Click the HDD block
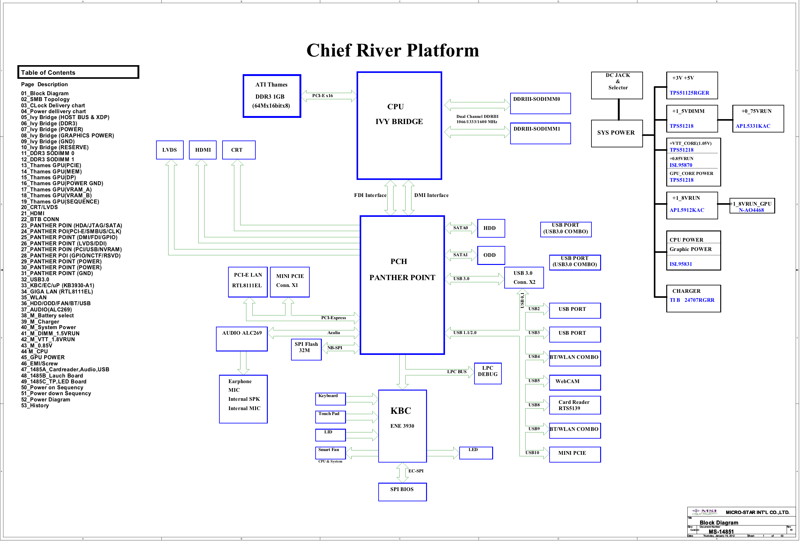coord(491,228)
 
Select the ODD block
coord(491,255)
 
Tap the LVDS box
coord(170,150)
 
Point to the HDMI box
coord(203,150)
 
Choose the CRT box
coord(239,150)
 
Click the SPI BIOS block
coord(402,492)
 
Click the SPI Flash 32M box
coord(306,349)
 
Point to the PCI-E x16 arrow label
coord(322,96)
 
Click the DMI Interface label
coord(431,195)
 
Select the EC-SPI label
coord(416,471)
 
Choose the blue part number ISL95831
coord(680,264)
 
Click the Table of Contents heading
coord(48,73)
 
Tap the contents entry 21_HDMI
coord(33,213)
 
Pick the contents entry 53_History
coord(35,405)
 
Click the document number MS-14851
coord(721,531)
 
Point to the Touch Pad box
coord(330,417)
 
